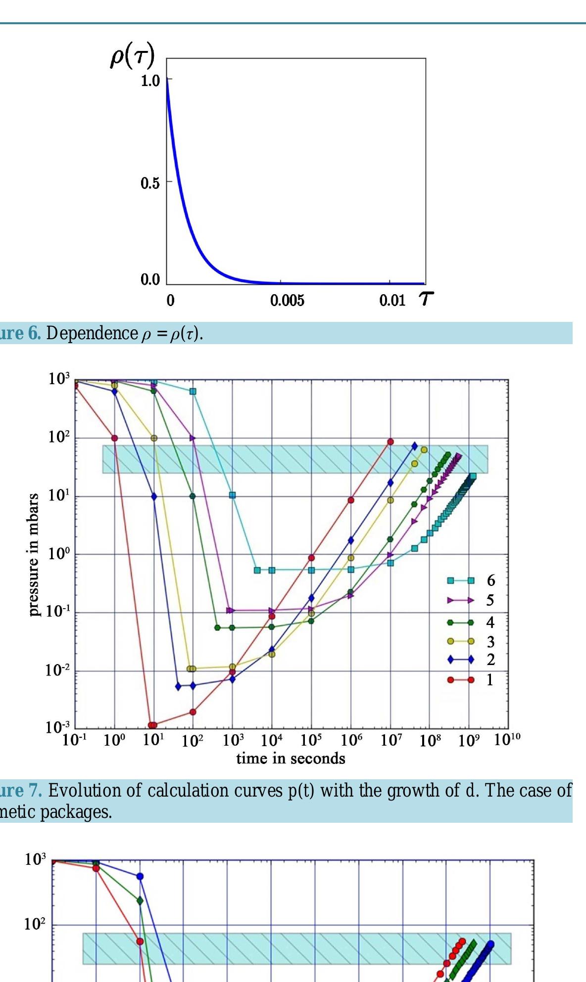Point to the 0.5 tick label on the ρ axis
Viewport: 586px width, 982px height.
(150, 183)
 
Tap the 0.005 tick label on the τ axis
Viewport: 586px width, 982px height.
(287, 301)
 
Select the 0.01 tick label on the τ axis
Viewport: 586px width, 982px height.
(392, 301)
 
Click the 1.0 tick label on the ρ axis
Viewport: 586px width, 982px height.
(150, 81)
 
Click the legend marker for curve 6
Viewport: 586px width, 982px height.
(460, 580)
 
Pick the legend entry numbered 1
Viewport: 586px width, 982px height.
(489, 680)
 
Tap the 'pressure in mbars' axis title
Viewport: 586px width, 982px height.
(34, 555)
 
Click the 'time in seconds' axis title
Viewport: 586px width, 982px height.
(291, 758)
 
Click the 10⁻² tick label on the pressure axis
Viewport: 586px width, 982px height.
(57, 670)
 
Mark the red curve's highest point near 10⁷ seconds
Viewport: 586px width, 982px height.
(391, 442)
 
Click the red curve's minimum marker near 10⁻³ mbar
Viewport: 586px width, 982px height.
(152, 725)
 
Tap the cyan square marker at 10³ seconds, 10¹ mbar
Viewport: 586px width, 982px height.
(232, 495)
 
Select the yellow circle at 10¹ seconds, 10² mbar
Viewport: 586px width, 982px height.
(154, 438)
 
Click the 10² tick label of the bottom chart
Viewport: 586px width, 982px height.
(34, 924)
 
